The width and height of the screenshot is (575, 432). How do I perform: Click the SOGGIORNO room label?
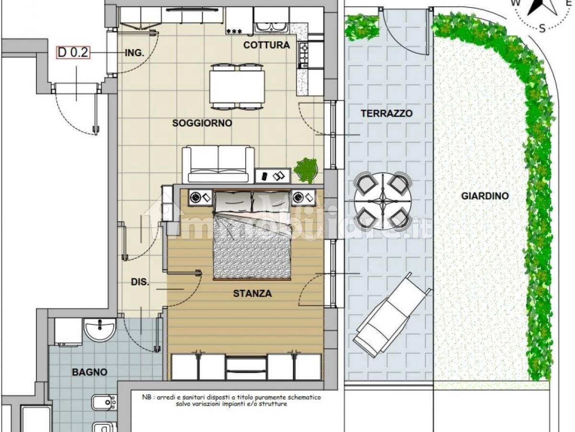(x=202, y=123)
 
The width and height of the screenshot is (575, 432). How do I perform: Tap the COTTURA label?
(x=266, y=45)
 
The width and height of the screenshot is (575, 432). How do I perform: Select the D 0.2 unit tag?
(x=73, y=52)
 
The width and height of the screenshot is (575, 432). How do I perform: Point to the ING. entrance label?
(x=135, y=53)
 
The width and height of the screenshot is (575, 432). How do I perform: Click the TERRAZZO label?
(x=387, y=113)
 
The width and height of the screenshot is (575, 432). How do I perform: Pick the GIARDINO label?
(x=485, y=196)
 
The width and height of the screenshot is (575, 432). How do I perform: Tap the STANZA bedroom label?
(x=252, y=293)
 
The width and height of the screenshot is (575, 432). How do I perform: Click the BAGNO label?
(x=90, y=372)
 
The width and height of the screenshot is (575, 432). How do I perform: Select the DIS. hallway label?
(x=140, y=282)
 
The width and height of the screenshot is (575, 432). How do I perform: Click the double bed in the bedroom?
(x=252, y=235)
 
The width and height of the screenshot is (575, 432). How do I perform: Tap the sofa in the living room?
(x=218, y=165)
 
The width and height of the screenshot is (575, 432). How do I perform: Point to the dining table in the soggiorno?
(x=237, y=87)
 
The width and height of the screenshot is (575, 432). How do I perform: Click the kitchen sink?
(x=271, y=27)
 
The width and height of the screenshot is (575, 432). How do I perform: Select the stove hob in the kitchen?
(x=304, y=55)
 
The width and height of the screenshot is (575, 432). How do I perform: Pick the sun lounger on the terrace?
(x=391, y=315)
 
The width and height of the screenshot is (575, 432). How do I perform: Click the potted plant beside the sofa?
(x=305, y=170)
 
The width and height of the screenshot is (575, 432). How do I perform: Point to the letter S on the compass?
(x=541, y=28)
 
